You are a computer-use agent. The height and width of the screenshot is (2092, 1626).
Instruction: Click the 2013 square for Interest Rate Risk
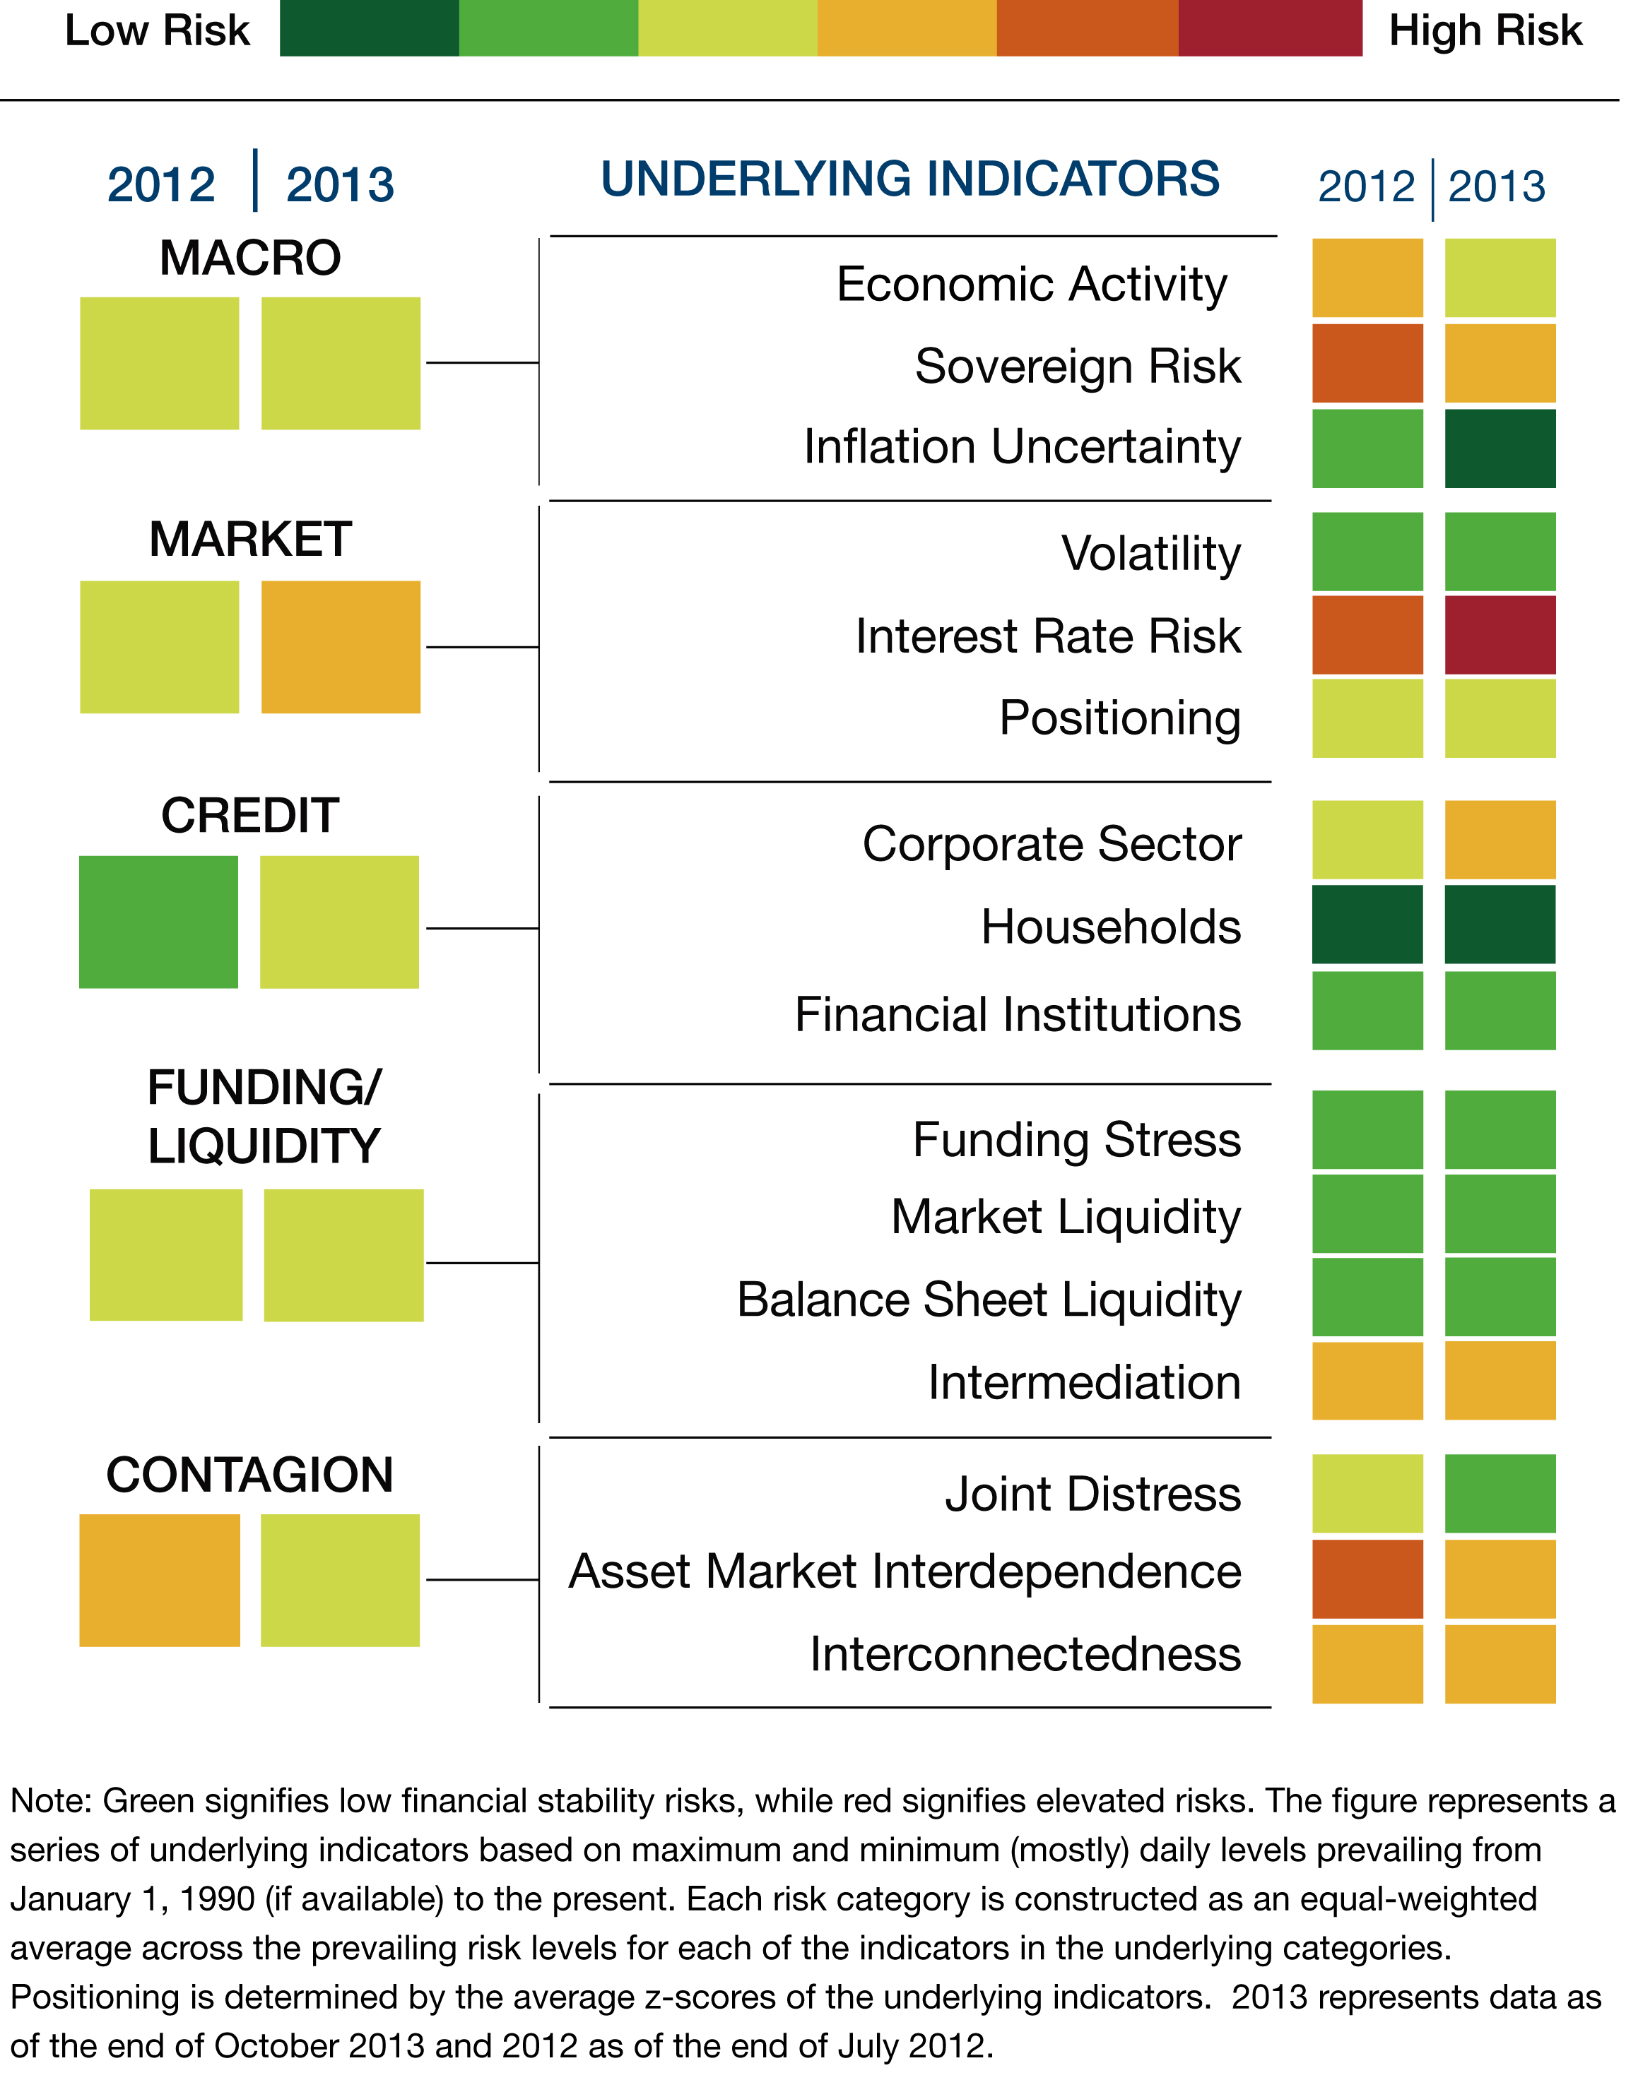coord(1500,635)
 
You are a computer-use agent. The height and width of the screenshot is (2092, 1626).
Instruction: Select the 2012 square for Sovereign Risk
coord(1367,363)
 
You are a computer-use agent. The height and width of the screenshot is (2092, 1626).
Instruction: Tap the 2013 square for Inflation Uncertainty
coord(1500,448)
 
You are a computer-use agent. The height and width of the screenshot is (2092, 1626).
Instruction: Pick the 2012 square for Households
coord(1367,925)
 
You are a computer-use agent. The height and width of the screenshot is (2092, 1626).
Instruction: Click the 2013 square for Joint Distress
coord(1500,1493)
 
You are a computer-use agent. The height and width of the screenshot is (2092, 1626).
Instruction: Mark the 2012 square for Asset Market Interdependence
coord(1367,1579)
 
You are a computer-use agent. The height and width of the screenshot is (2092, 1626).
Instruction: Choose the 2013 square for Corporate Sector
coord(1500,840)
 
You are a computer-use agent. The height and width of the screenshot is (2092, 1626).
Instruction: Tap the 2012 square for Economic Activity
coord(1367,278)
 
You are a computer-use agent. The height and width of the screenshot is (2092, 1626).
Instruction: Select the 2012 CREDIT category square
coord(158,922)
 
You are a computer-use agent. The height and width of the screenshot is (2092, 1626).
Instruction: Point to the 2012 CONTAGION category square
coord(159,1581)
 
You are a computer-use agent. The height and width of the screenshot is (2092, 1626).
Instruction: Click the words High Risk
coord(1485,30)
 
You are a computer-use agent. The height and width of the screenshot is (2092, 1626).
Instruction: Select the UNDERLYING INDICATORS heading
coord(909,179)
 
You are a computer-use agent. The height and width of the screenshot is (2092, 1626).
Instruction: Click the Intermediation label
coord(1084,1382)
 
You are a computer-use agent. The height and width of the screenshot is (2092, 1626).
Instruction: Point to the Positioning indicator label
coord(1119,718)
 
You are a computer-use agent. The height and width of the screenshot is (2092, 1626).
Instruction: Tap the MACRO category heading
coord(250,258)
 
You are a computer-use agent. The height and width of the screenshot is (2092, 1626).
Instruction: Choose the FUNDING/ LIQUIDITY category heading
coord(264,1117)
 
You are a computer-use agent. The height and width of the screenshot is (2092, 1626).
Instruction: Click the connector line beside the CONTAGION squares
coord(481,1579)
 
